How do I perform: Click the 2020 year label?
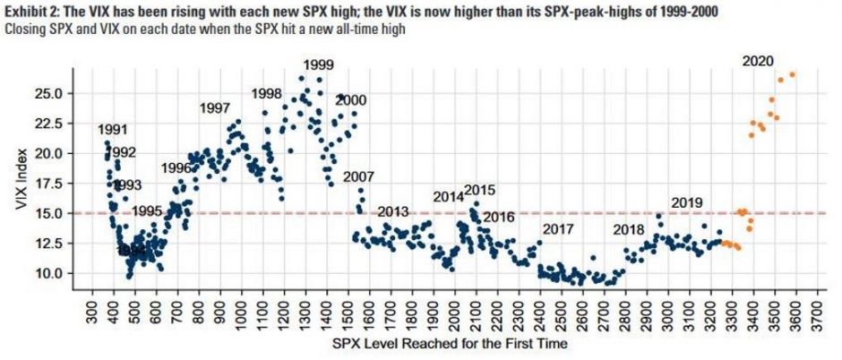(x=758, y=61)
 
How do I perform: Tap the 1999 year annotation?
(x=318, y=64)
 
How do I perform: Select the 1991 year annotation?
(x=113, y=130)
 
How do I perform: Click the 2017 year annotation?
(x=557, y=229)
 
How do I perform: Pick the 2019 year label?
(x=686, y=202)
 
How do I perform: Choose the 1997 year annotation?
(x=215, y=108)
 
